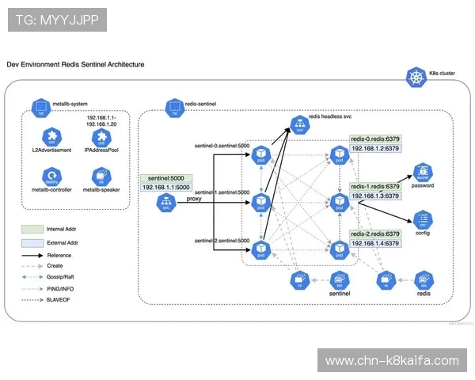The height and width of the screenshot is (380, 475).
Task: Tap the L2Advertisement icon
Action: (x=51, y=136)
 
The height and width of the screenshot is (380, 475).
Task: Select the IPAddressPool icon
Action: (x=101, y=136)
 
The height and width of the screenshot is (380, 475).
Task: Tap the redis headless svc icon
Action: (x=300, y=124)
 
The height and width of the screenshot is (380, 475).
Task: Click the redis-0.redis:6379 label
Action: (x=375, y=139)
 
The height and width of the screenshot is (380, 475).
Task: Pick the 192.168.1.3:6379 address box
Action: (x=375, y=196)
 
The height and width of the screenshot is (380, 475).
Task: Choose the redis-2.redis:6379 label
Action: (x=375, y=234)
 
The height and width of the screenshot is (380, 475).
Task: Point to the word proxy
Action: (x=194, y=199)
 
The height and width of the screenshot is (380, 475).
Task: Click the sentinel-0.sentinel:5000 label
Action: (x=222, y=146)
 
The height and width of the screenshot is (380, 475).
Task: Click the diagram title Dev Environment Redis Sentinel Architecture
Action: (x=75, y=63)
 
